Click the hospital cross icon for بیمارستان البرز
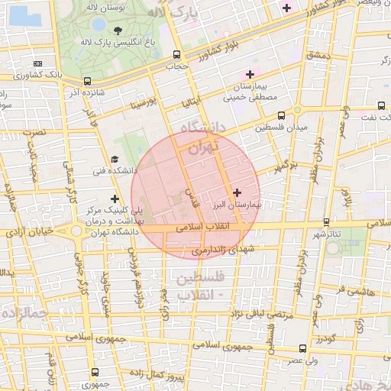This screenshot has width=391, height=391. (237, 192)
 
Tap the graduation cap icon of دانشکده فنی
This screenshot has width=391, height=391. (115, 159)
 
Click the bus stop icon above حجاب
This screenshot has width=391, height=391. (177, 54)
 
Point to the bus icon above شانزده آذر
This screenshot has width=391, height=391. (87, 80)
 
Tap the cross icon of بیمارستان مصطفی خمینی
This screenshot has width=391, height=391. (250, 73)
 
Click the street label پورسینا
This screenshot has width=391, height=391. (144, 101)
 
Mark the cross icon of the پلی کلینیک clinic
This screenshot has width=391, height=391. (115, 199)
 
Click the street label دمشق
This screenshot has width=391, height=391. (315, 55)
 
